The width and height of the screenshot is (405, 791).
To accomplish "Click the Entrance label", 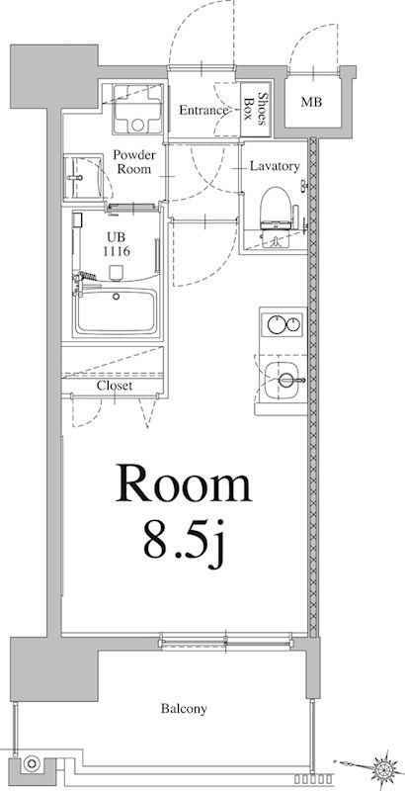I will coord(203,111).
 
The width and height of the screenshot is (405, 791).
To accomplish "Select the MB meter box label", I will coord(311,102).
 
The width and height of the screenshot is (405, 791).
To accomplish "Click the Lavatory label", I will coord(274,166).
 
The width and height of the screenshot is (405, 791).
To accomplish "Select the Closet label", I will coord(115,386).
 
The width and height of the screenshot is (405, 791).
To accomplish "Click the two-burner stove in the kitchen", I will coord(283,324).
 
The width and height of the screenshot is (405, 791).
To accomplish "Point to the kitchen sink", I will coord(283,378).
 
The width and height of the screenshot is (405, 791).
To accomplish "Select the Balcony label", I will coord(184,709).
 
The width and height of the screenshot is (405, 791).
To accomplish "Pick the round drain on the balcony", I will coord(33,763).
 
